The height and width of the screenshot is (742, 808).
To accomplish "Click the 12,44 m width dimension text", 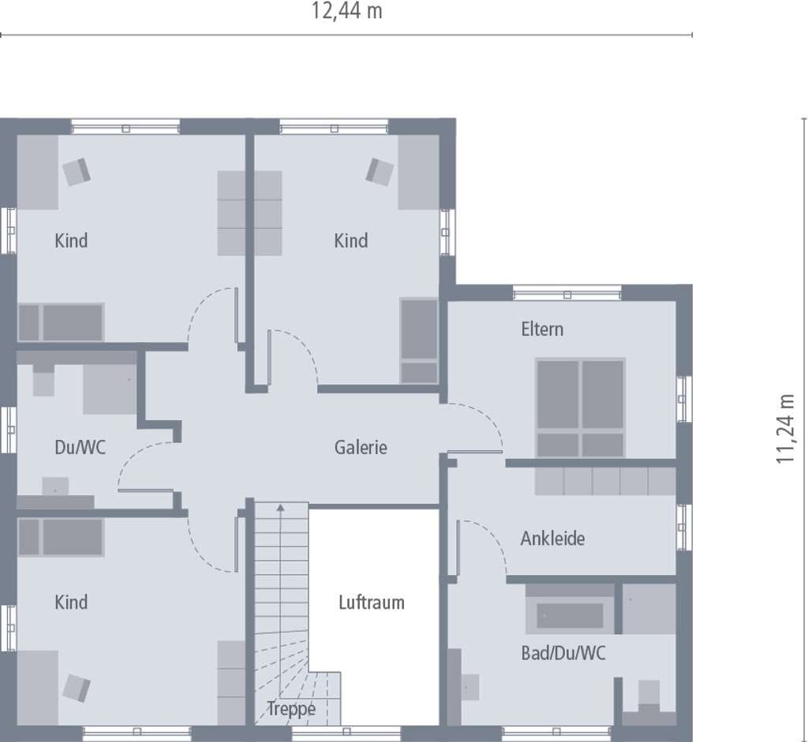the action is pos(347,11).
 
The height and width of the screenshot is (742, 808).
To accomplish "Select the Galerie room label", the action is pos(361,447).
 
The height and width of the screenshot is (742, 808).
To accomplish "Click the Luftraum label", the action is pos(372,602).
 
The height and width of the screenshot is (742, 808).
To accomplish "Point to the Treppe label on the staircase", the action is pos(291,710).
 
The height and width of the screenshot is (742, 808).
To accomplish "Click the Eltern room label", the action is pos(542,329).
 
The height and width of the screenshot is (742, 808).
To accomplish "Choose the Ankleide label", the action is pos(552,539).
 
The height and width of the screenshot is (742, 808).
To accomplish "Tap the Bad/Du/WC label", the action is pos(563,654).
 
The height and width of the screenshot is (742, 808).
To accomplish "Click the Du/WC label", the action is pos(80,447).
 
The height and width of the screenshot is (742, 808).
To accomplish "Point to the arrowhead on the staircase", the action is pos(280,508).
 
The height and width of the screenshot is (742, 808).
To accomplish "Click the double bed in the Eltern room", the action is pos(580,408).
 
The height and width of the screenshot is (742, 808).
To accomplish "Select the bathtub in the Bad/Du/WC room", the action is pos(570,615).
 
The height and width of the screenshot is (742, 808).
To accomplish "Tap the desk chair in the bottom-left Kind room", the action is pos(77,688).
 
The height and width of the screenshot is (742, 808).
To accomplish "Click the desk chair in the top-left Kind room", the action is pos(77,172).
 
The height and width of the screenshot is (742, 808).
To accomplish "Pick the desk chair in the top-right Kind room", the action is pos(380,172).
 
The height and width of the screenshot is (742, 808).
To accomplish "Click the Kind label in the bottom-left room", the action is pos(71,602).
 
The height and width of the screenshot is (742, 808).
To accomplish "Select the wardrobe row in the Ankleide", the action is pos(605,481).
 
